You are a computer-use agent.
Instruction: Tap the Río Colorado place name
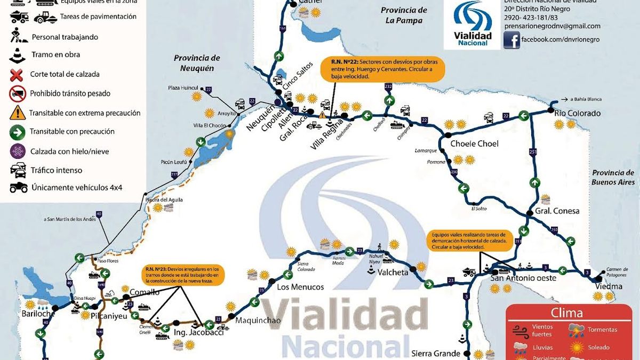(x=577, y=113)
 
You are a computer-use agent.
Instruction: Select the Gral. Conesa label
(x=558, y=211)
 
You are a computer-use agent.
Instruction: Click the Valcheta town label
(x=393, y=272)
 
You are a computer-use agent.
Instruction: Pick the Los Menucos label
(x=300, y=287)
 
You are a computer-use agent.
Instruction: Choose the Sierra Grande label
(x=435, y=353)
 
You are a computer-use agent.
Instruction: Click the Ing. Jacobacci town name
(x=198, y=333)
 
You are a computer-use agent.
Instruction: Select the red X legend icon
(x=17, y=74)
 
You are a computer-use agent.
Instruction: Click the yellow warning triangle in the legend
(x=17, y=113)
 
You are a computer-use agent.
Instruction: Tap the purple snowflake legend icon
(x=17, y=151)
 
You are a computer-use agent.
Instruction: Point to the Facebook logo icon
(x=511, y=41)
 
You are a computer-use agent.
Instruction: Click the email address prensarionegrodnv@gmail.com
(x=552, y=26)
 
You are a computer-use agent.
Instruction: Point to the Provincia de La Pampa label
(x=404, y=15)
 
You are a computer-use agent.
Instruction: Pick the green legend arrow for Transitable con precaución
(x=17, y=132)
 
